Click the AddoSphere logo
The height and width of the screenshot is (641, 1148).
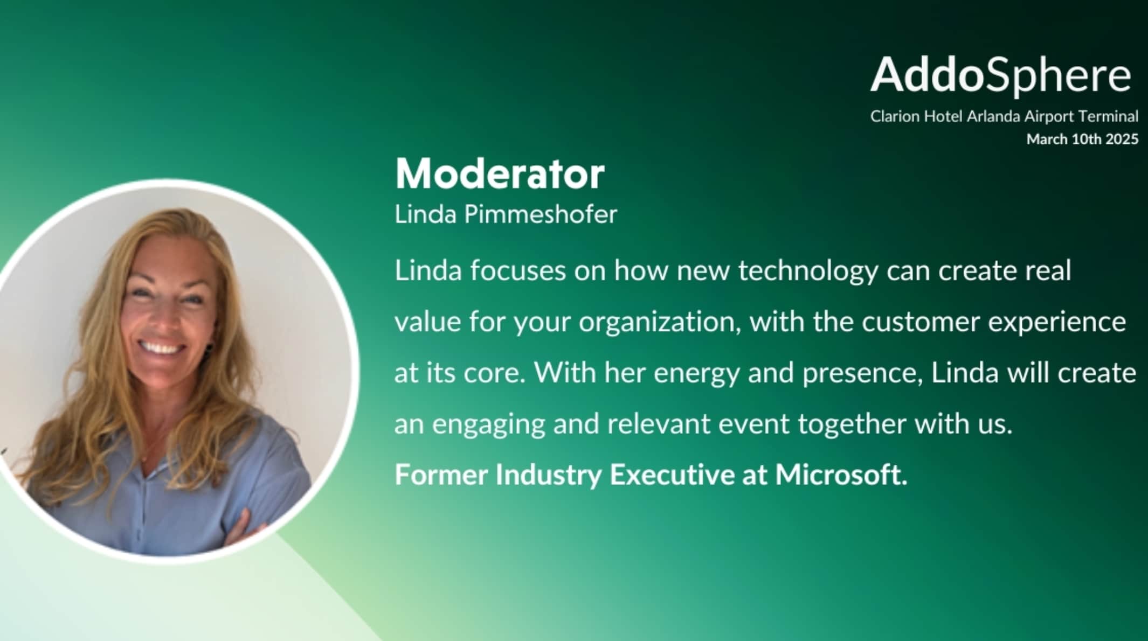click(x=1001, y=75)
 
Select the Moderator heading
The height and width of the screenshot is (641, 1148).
click(x=500, y=174)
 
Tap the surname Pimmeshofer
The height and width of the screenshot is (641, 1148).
click(x=541, y=215)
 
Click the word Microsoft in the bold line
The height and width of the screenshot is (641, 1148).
click(x=841, y=475)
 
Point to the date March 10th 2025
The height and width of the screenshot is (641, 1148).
click(x=1082, y=139)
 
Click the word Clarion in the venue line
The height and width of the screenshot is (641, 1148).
click(x=895, y=116)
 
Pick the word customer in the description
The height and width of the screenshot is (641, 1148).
click(x=921, y=322)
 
